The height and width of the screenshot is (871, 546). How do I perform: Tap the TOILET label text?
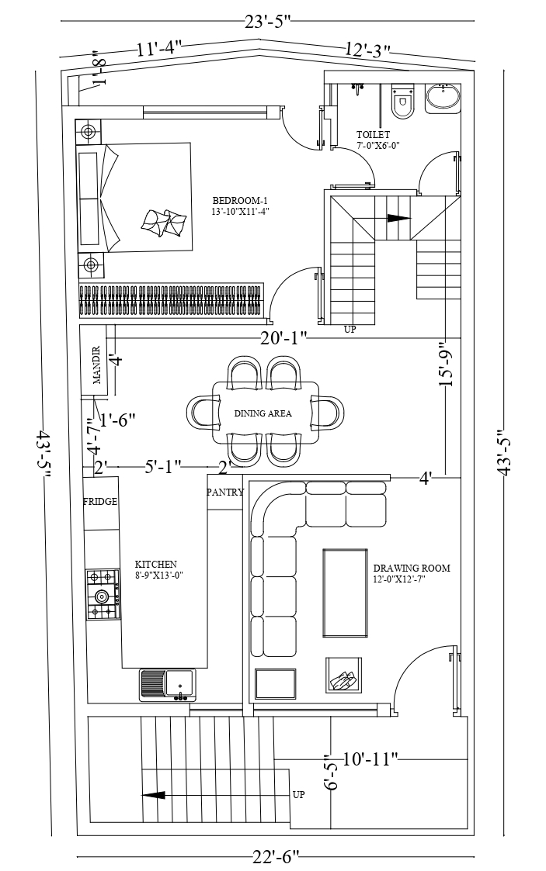tap(373, 134)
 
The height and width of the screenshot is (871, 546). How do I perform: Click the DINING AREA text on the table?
tap(263, 413)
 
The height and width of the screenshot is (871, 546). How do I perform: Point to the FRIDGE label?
tap(100, 502)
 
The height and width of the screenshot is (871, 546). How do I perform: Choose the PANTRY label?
tap(225, 493)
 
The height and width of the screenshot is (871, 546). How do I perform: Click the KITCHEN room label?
tap(155, 565)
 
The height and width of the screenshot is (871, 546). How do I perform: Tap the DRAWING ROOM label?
tap(412, 569)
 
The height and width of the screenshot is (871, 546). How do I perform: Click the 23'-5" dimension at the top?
tap(268, 21)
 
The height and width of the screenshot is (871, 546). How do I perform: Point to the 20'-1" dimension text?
tap(283, 337)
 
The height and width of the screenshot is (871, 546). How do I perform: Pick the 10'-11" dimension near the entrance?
tap(370, 759)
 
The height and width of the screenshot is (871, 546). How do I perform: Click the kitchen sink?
tap(167, 684)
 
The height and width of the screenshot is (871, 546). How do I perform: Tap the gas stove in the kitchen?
tap(103, 594)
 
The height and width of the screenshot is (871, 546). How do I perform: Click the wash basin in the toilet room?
tap(443, 98)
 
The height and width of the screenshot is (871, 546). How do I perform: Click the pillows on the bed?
tap(163, 222)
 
